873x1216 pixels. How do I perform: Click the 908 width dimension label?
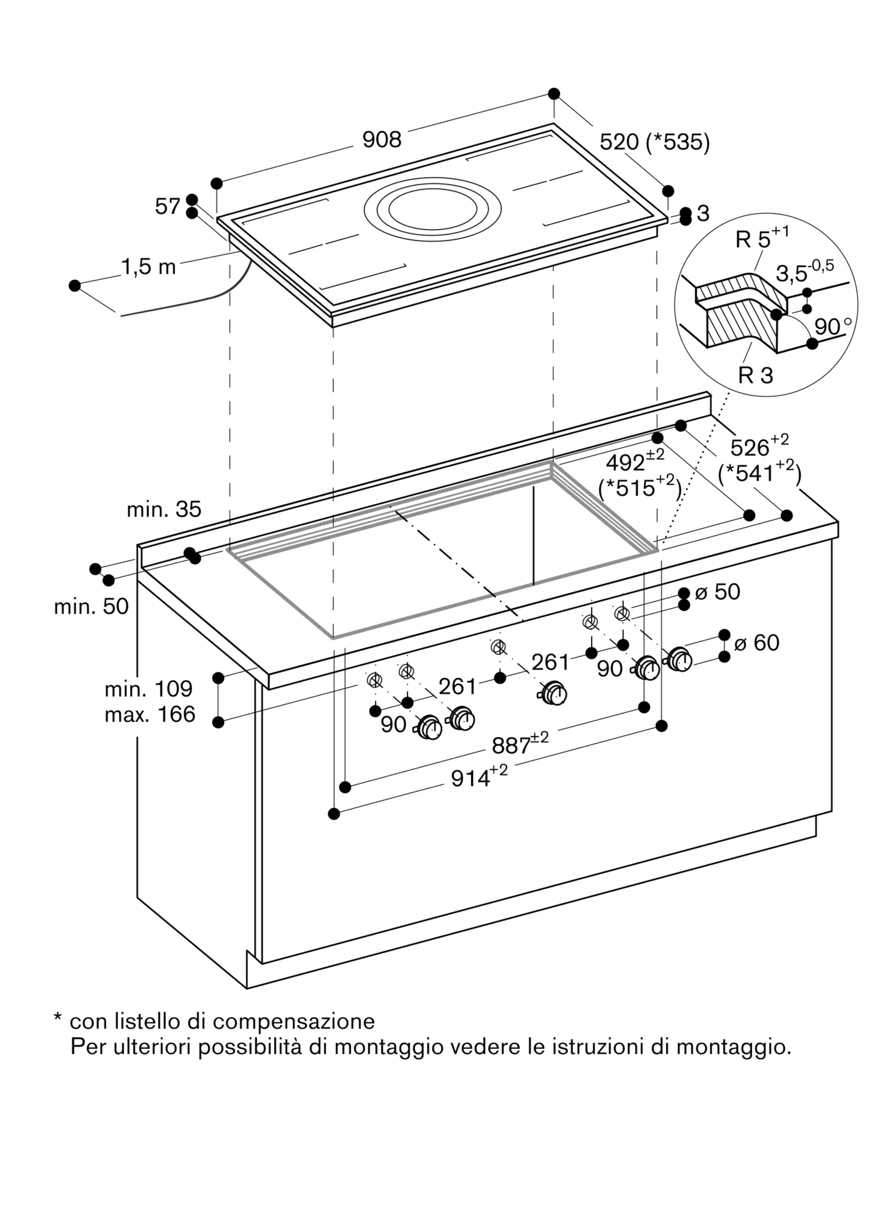[382, 140]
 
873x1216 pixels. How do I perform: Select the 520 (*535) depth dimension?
[654, 142]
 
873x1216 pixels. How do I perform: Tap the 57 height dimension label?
[167, 207]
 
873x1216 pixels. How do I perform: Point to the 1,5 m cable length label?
[148, 266]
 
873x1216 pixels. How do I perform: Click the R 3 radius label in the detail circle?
[755, 375]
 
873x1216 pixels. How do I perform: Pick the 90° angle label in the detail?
[832, 327]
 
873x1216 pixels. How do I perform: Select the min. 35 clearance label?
[164, 510]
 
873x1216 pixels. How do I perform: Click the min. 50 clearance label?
[91, 606]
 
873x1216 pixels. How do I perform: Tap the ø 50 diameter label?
[717, 592]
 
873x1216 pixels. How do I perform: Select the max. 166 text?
[150, 714]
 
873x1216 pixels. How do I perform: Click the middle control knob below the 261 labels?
[554, 693]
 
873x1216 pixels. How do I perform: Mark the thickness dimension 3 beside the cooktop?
[703, 213]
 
